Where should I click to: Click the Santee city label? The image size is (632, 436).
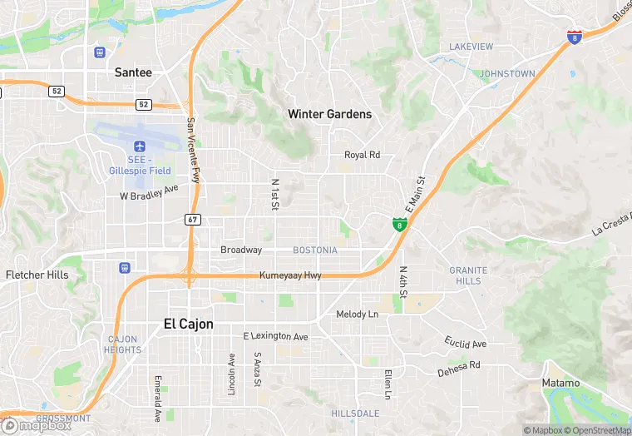(x=133, y=72)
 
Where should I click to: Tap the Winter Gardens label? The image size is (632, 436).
(x=329, y=114)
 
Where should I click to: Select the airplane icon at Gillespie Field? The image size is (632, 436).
(x=139, y=146)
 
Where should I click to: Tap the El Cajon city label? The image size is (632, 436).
(x=188, y=324)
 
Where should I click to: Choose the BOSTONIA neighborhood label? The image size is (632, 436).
(x=315, y=250)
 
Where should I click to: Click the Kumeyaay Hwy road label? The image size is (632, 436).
(x=289, y=275)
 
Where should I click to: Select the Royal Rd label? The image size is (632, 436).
(x=362, y=155)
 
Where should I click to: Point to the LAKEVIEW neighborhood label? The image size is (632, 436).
(x=472, y=47)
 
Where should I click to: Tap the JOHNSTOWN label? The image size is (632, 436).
(x=507, y=74)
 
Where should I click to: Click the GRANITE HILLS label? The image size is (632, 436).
(x=468, y=275)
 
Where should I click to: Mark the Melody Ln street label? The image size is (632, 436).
(x=357, y=315)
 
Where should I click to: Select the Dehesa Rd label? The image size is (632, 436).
(x=459, y=369)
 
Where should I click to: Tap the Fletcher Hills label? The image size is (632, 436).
(x=37, y=275)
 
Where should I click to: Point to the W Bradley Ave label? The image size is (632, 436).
(x=149, y=192)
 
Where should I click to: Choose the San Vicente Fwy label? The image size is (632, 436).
(x=193, y=150)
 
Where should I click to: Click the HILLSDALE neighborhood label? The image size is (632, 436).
(x=355, y=414)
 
